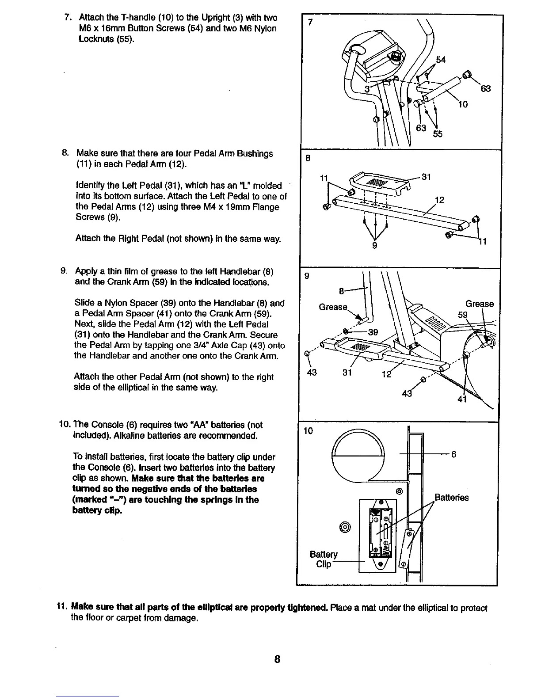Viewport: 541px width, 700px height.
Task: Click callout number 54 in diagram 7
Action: (441, 60)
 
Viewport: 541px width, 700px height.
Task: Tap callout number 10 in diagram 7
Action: (463, 104)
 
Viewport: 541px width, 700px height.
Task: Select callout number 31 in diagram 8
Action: (427, 177)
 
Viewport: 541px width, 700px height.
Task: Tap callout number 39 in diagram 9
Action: (373, 332)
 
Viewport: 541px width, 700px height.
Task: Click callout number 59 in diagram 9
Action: (462, 316)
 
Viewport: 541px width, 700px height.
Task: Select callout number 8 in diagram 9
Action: (341, 291)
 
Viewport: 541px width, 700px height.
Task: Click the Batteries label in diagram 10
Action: (452, 498)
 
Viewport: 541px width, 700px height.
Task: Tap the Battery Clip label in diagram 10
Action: (324, 559)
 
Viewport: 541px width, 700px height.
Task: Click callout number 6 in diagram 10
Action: (453, 454)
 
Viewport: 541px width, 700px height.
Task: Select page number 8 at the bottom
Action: (277, 659)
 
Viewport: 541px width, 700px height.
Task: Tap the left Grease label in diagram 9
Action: (333, 306)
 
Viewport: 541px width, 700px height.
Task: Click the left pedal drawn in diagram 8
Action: (379, 183)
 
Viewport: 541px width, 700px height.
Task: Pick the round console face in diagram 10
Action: (359, 456)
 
